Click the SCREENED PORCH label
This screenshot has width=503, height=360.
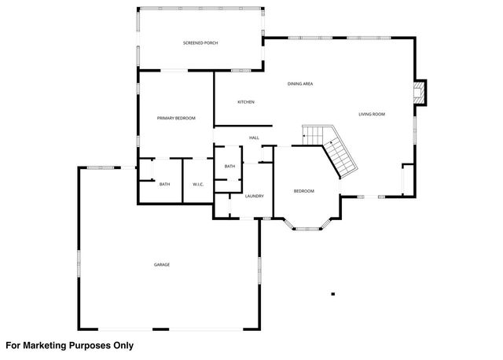(200, 42)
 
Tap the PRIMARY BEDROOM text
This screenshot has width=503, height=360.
(176, 118)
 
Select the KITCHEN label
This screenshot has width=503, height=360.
(246, 101)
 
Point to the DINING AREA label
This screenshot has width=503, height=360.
(300, 83)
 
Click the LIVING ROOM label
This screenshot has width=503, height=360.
(372, 115)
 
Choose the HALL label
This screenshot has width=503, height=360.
(254, 138)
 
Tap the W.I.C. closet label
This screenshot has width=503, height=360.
(198, 184)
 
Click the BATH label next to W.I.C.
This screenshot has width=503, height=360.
(164, 184)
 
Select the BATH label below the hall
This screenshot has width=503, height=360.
(229, 166)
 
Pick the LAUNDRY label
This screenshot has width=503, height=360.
(253, 196)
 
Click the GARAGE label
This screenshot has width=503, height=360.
(162, 264)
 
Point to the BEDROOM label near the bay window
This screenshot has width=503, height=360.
(304, 191)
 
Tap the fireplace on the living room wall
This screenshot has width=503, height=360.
(422, 92)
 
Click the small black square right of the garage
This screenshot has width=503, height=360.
(333, 294)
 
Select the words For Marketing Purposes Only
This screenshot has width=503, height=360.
(70, 345)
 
